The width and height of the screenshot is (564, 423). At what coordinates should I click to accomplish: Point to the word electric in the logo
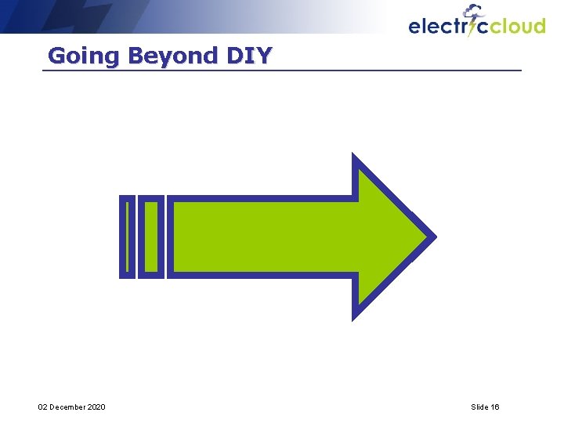[439, 27]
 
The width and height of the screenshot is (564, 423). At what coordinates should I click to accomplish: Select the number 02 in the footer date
[43, 407]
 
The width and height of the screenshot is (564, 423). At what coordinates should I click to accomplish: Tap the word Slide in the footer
[479, 407]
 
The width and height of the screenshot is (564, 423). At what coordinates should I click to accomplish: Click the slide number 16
[495, 407]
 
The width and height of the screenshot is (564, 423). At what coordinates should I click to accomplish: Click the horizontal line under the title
[282, 70]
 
